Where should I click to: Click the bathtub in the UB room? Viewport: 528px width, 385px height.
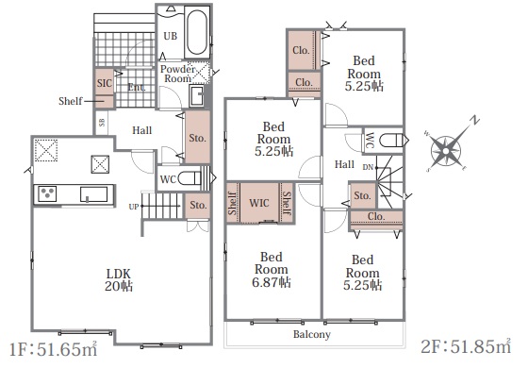click(x=197, y=33)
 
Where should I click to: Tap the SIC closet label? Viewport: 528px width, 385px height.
click(x=104, y=83)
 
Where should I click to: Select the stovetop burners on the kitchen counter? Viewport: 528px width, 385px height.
click(x=47, y=193)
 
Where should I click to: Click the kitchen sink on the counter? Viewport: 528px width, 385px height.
click(x=93, y=194)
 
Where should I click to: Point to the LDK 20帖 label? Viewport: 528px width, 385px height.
click(x=118, y=279)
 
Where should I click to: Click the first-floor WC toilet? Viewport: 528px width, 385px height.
click(x=189, y=178)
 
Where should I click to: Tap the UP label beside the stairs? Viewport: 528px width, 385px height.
click(x=134, y=207)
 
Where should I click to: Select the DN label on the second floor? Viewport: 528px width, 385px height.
click(x=368, y=167)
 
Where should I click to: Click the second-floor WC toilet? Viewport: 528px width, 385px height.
click(x=391, y=141)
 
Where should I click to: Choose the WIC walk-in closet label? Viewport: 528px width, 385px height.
click(x=259, y=203)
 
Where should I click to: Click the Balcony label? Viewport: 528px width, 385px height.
click(x=312, y=334)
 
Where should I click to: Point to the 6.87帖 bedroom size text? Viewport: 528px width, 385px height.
click(x=272, y=282)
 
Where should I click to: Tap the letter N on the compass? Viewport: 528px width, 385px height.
click(x=475, y=121)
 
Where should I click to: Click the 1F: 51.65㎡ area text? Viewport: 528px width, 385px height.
click(x=53, y=349)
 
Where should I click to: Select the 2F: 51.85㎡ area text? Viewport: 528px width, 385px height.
click(x=466, y=346)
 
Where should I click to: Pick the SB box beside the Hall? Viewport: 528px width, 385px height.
click(x=102, y=123)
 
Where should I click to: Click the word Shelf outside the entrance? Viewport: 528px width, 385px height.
click(x=70, y=101)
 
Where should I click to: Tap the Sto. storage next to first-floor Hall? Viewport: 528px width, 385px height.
click(x=197, y=137)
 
